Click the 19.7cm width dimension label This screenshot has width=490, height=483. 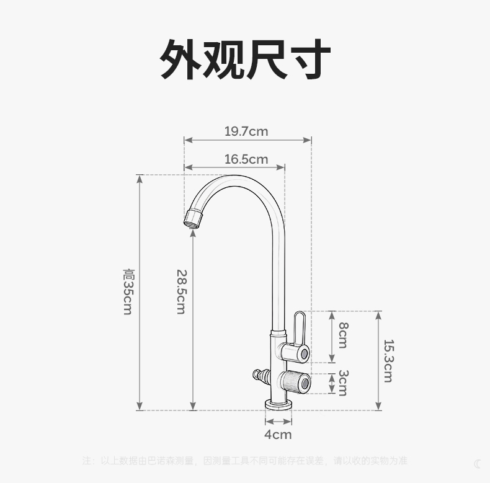246,131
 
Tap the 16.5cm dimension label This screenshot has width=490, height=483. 246,159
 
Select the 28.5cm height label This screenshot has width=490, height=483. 181,291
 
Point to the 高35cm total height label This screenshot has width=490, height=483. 128,291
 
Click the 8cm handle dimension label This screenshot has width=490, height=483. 343,335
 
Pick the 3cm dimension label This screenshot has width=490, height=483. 343,383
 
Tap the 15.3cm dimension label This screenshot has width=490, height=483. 388,360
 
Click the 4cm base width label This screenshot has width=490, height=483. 278,435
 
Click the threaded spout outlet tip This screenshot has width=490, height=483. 193,218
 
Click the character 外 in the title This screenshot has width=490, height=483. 181,60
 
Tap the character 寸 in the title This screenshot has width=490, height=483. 309,60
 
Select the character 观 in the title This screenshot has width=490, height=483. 224,60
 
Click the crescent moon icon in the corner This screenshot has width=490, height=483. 478,464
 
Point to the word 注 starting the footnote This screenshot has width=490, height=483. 87,461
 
